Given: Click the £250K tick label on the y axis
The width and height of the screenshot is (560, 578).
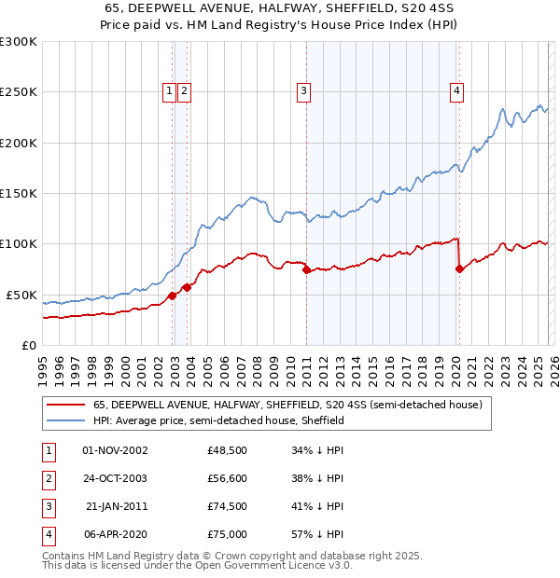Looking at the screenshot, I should click(18, 92).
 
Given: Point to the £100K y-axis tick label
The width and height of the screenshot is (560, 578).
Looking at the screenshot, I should click(18, 243).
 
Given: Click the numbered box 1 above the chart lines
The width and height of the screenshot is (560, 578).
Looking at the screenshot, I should click(169, 90).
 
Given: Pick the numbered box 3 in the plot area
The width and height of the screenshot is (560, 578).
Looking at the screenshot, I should click(304, 90).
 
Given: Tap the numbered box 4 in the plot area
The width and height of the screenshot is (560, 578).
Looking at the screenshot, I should click(456, 90).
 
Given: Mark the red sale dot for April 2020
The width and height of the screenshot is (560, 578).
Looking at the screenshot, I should click(459, 269).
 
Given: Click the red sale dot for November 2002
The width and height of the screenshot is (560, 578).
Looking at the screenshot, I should click(173, 296).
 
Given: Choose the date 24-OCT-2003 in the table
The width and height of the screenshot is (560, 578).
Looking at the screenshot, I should click(116, 479).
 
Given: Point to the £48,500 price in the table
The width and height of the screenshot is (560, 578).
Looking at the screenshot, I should click(228, 451).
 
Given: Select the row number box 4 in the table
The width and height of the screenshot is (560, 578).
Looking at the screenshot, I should click(48, 534).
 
